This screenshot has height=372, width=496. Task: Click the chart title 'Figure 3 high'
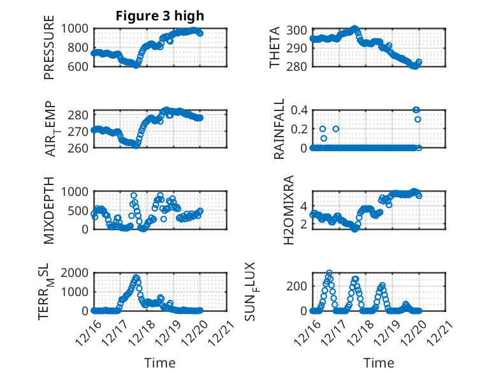(x=160, y=16)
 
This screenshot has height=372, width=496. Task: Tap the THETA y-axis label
(x=275, y=47)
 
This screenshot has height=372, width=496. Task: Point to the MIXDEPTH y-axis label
(x=50, y=210)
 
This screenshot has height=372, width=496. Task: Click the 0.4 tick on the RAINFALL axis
(x=300, y=110)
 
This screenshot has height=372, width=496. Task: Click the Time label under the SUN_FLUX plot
(x=379, y=362)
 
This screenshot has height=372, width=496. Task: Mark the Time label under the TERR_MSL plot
(x=160, y=362)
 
